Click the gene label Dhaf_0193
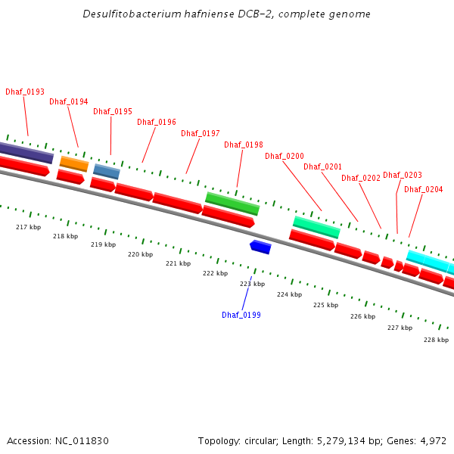(x=25, y=92)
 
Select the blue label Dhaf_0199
(x=241, y=315)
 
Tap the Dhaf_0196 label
(x=157, y=122)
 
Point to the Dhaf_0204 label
(x=424, y=189)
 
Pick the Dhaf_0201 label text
(x=323, y=166)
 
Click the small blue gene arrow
(x=260, y=247)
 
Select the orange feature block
(x=74, y=163)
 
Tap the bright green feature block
(x=232, y=204)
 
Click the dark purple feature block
(x=26, y=152)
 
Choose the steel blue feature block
(x=107, y=172)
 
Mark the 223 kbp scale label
(x=253, y=284)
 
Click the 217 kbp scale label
(x=28, y=227)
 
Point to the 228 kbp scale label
(x=436, y=340)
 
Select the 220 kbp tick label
(x=140, y=254)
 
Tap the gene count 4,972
(x=432, y=440)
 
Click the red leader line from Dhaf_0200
(x=303, y=186)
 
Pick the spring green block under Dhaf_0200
(x=316, y=227)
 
